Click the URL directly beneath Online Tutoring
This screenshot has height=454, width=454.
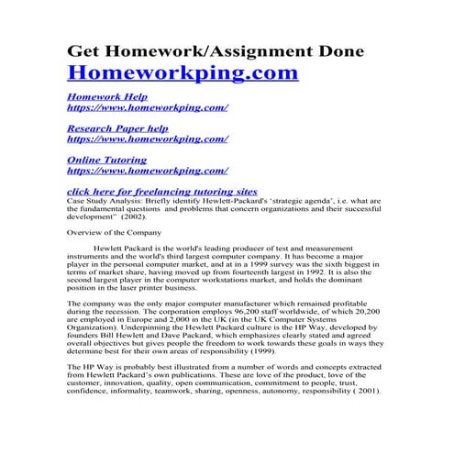(x=148, y=170)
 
